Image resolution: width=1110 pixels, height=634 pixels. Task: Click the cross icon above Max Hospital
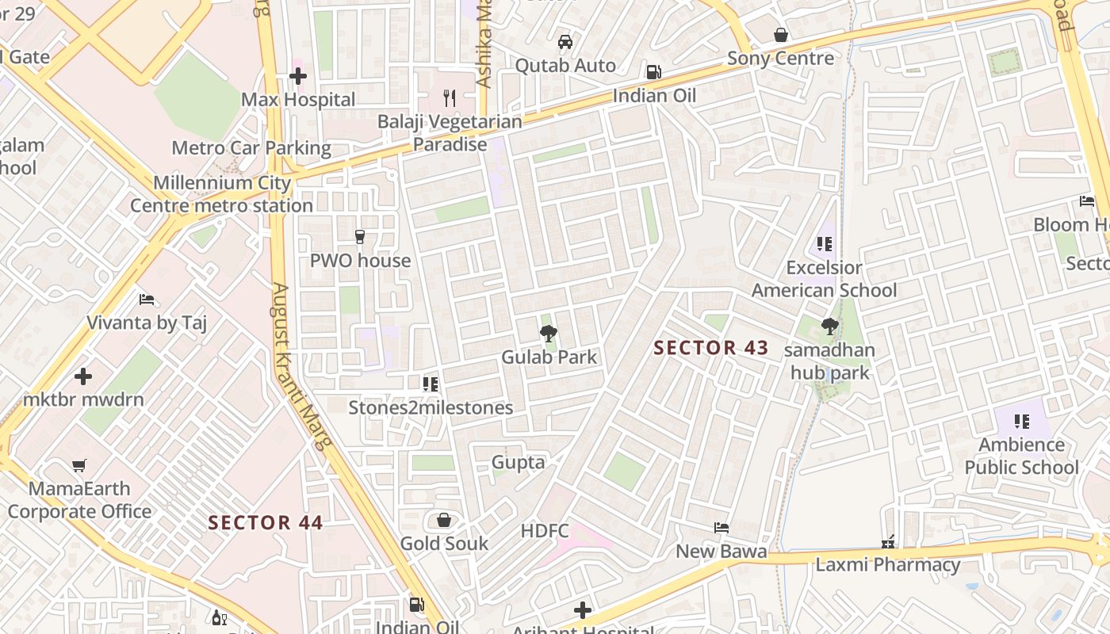[298, 76]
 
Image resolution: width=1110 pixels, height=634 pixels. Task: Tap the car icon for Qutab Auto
[565, 42]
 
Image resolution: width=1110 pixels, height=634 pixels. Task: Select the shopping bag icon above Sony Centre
[781, 35]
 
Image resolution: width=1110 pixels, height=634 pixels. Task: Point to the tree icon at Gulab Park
[548, 334]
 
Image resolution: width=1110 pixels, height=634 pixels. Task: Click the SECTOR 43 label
[711, 348]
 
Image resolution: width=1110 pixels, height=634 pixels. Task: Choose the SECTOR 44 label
[266, 523]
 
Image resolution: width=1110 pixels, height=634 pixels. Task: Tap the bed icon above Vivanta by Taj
[147, 300]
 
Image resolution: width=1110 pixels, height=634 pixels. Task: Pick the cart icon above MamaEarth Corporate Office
[78, 465]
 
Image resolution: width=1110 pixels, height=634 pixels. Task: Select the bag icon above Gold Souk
[444, 520]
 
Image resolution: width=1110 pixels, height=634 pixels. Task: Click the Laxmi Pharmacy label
[888, 565]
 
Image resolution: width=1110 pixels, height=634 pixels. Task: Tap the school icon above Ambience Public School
[1021, 422]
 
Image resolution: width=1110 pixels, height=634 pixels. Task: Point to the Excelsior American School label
[824, 279]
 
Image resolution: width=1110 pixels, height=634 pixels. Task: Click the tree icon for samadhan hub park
[829, 326]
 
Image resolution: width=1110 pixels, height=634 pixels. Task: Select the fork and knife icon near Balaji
[450, 98]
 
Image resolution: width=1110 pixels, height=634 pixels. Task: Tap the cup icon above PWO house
[360, 237]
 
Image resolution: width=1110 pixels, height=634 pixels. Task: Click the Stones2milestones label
[431, 408]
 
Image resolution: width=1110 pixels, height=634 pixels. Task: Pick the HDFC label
[545, 530]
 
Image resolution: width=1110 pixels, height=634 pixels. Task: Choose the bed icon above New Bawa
[721, 528]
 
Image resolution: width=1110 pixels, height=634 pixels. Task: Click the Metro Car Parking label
[251, 148]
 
